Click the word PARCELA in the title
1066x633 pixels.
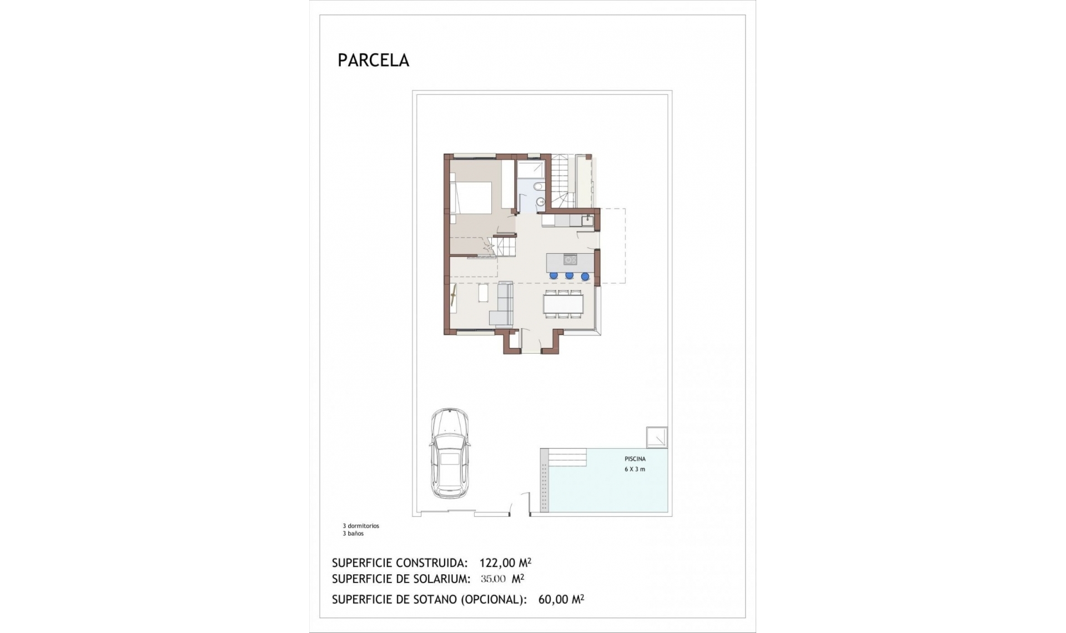tap(373, 60)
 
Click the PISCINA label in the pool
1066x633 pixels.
tap(635, 459)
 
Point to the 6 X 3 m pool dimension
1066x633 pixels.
tap(635, 469)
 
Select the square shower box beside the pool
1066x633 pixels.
tap(657, 437)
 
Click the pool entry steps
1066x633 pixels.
tap(567, 458)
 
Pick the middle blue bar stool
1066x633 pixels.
tap(569, 275)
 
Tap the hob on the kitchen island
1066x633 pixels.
tap(570, 259)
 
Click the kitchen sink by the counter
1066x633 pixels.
tap(587, 220)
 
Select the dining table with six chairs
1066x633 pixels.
tap(563, 304)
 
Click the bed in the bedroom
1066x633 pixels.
tap(472, 197)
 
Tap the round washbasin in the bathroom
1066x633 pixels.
tap(541, 203)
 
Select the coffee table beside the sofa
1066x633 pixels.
tap(482, 293)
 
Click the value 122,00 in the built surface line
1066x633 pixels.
tap(497, 562)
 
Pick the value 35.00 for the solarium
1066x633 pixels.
tap(493, 579)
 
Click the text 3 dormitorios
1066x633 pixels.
tap(361, 525)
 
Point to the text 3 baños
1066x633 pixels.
tap(353, 533)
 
